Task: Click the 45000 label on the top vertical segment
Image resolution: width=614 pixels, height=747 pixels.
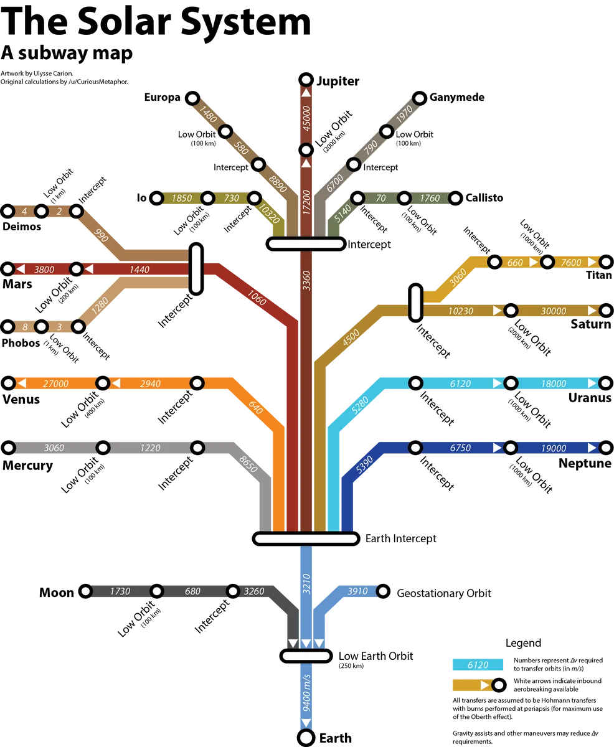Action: click(306, 118)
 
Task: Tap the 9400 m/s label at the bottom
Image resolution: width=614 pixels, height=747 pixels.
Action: click(306, 693)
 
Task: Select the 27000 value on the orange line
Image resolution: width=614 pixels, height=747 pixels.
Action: click(56, 383)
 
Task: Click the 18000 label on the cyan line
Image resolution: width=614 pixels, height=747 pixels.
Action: click(554, 383)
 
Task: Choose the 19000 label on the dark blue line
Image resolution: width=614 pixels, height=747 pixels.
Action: click(554, 448)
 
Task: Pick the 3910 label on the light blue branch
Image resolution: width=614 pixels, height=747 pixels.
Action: click(358, 591)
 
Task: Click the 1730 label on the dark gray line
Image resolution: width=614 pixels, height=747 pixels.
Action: click(120, 591)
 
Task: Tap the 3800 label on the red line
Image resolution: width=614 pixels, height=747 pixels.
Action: click(45, 270)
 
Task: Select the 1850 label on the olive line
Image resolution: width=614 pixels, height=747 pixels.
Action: click(181, 198)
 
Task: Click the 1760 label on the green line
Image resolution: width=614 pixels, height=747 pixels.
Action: click(430, 198)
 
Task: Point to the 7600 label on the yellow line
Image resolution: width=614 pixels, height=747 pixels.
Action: click(570, 262)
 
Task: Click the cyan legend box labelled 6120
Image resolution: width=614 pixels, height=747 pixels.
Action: click(478, 665)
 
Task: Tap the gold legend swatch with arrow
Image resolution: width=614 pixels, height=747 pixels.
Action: click(473, 685)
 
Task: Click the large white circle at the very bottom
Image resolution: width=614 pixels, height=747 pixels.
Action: click(306, 738)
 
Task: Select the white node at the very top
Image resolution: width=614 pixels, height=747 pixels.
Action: click(306, 80)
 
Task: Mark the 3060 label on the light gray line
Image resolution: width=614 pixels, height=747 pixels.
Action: click(54, 448)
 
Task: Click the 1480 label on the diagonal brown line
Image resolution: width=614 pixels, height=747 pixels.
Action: click(209, 115)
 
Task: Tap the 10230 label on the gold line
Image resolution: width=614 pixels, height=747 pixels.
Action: click(461, 311)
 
